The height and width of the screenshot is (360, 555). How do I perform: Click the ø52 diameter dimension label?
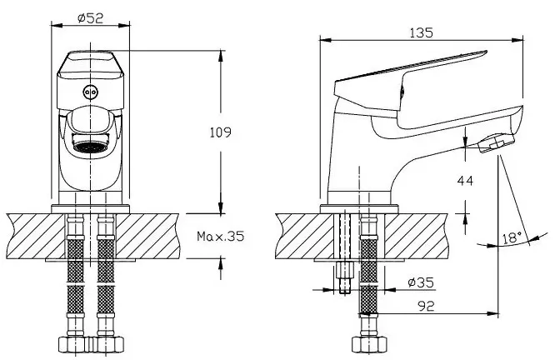pos(91,18)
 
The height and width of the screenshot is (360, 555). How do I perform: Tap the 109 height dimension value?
pos(221,132)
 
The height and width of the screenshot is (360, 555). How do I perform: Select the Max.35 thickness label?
pos(221,236)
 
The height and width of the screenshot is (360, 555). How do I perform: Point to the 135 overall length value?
pos(421,33)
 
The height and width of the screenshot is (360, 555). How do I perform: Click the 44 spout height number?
pos(465,181)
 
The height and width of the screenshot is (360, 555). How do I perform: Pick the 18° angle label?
pos(512,237)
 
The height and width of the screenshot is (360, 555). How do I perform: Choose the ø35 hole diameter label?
pos(420,282)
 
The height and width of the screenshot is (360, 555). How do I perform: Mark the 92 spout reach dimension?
pos(426,306)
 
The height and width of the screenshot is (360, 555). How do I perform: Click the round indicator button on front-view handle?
pos(90,92)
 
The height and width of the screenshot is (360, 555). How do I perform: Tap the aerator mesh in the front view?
pos(91,147)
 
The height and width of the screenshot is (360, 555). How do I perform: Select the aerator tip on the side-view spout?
pos(496,142)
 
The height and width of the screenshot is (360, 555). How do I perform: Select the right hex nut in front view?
pos(107,345)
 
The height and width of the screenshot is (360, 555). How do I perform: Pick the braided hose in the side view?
pos(368,275)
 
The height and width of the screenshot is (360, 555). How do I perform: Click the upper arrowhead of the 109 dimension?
pos(221,57)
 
